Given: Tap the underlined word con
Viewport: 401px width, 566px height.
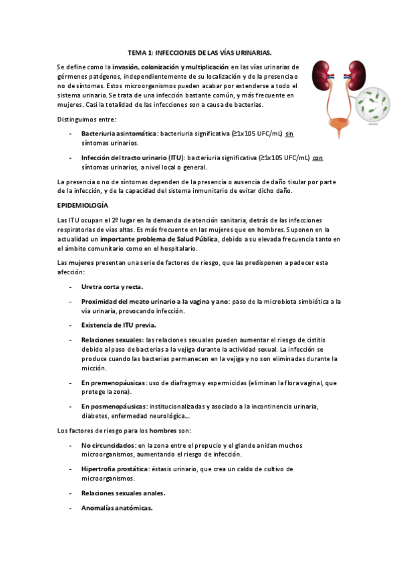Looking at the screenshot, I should (x=318, y=158).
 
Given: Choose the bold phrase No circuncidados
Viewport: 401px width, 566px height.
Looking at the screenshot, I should (x=107, y=445).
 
